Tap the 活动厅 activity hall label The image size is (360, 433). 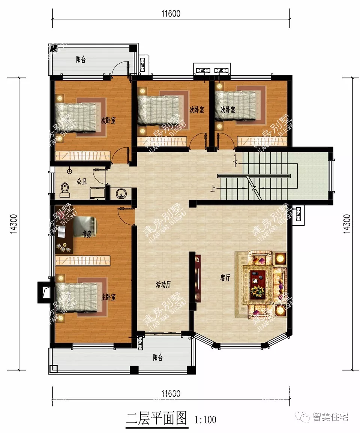pos(163,285)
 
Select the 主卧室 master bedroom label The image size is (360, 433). pos(108,297)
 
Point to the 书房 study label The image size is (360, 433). pos(87,234)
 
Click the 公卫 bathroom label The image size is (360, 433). pos(82,181)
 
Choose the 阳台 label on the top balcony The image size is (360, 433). pos(81,60)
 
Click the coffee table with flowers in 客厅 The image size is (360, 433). pos(258,283)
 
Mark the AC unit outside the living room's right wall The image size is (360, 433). pos(299,215)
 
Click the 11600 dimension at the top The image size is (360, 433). pos(171,14)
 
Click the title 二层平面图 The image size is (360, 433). pos(156,418)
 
